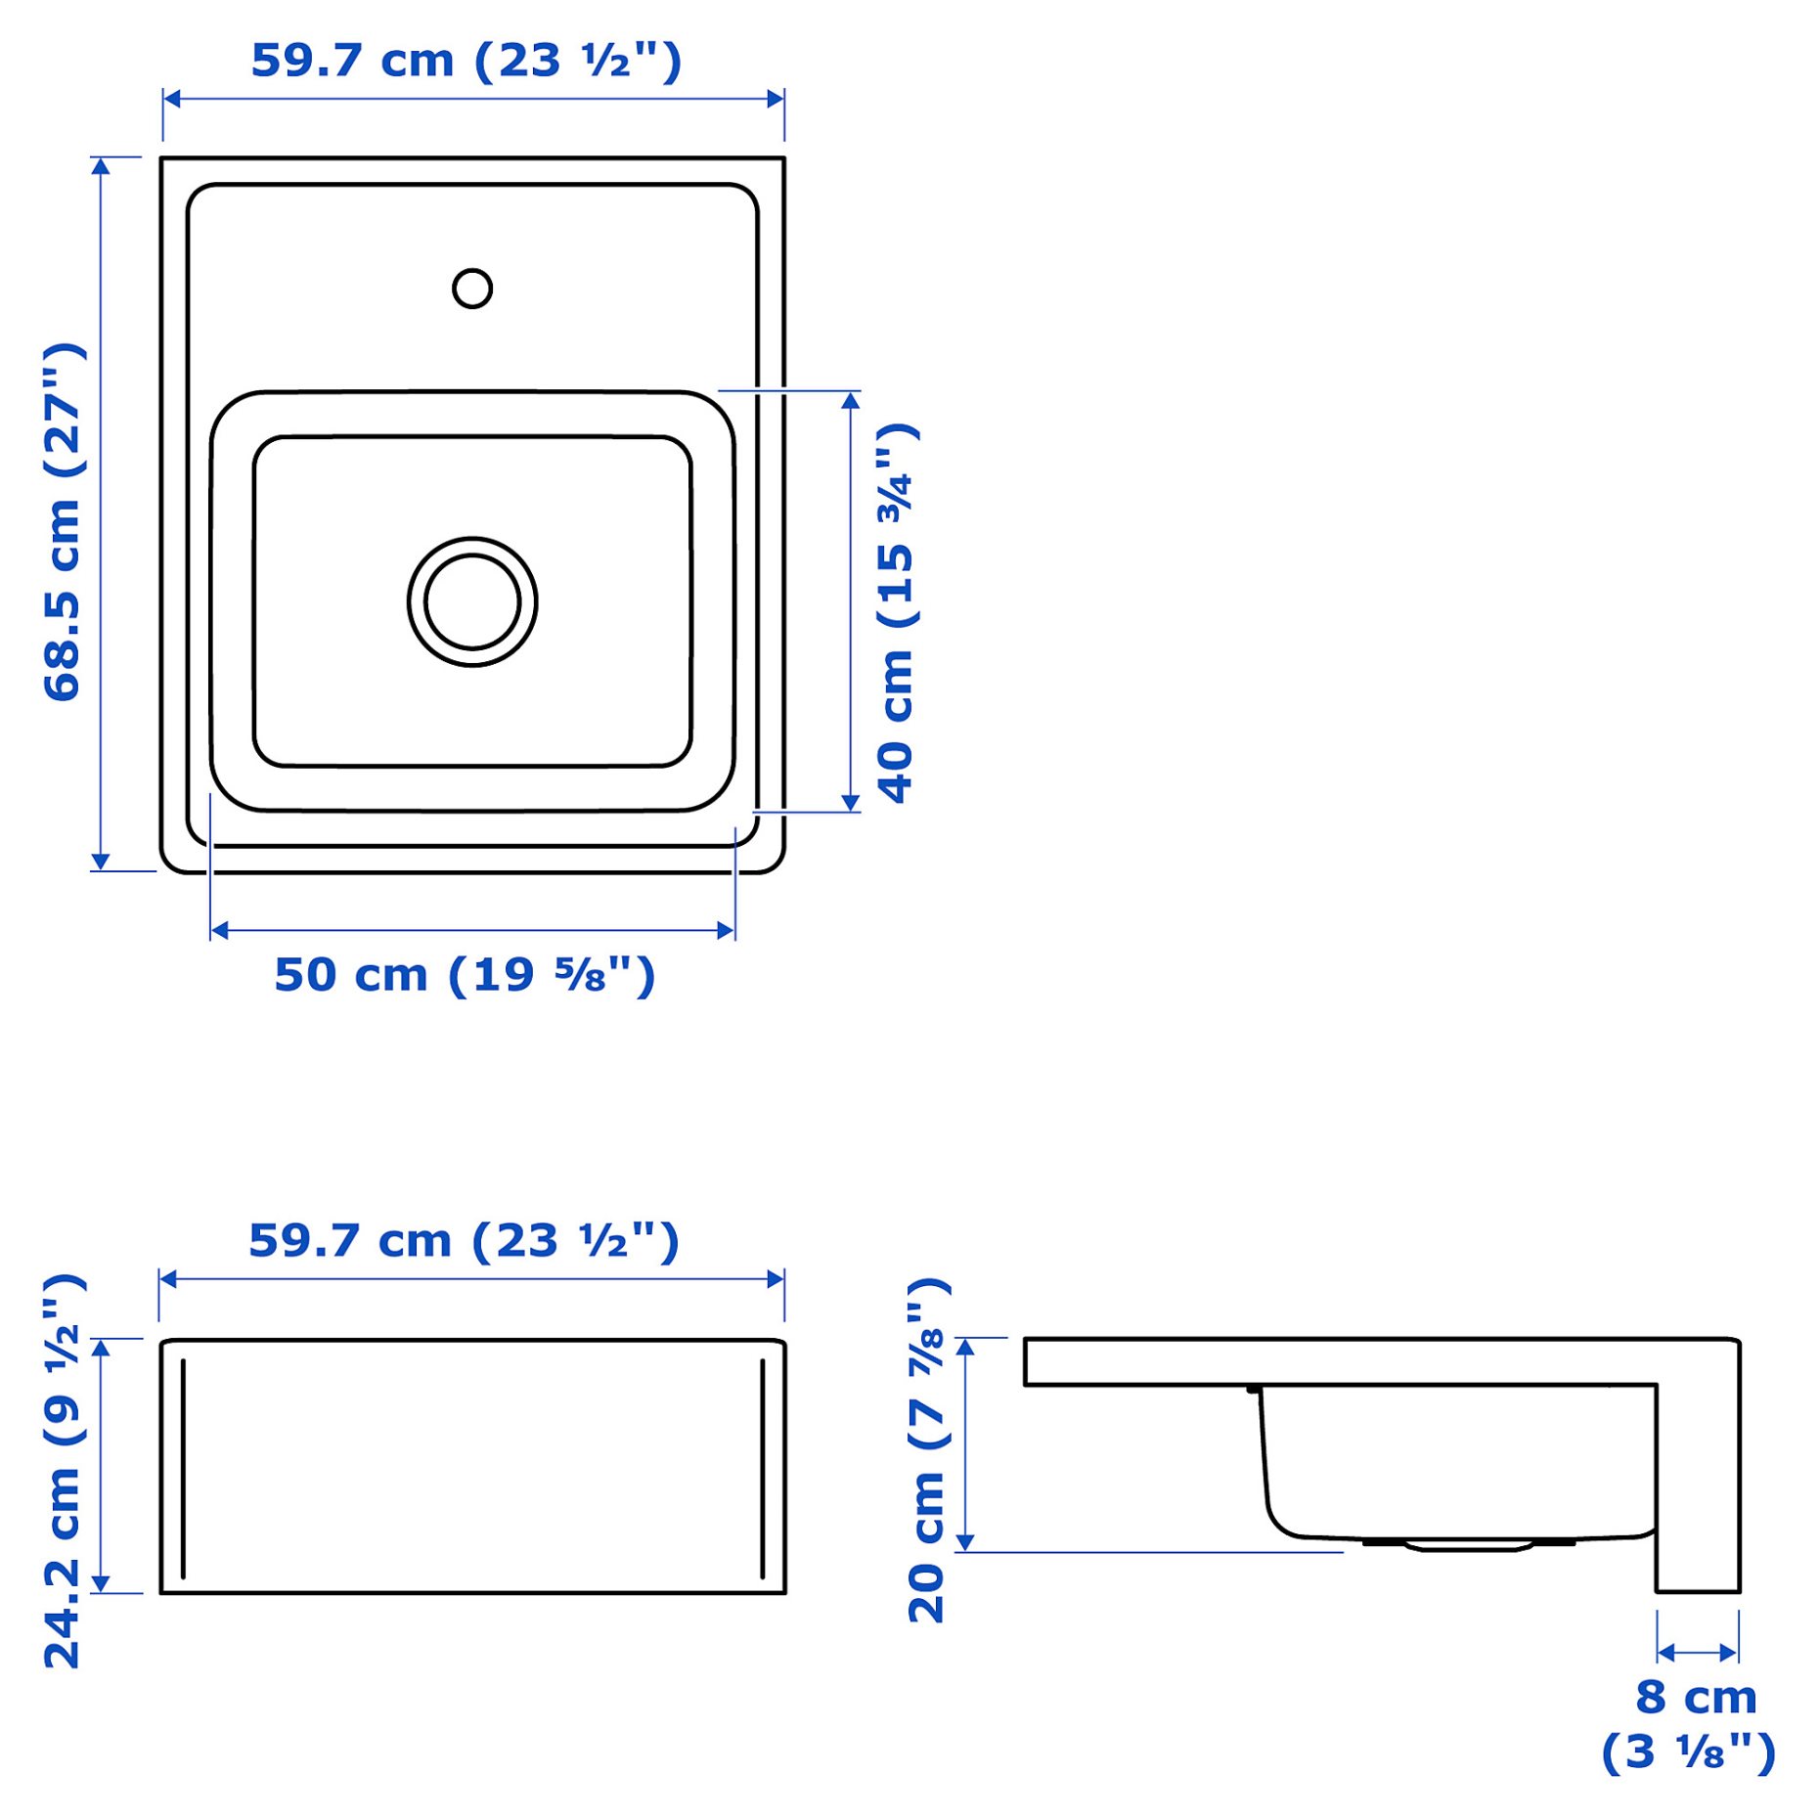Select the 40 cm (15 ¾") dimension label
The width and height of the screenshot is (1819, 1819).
(x=897, y=613)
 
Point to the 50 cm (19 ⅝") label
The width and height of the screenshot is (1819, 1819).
(x=465, y=975)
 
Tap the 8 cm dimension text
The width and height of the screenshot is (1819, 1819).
(x=1696, y=1697)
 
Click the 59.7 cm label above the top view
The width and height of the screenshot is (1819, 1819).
(x=466, y=61)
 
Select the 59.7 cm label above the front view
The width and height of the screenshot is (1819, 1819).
(x=464, y=1241)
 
